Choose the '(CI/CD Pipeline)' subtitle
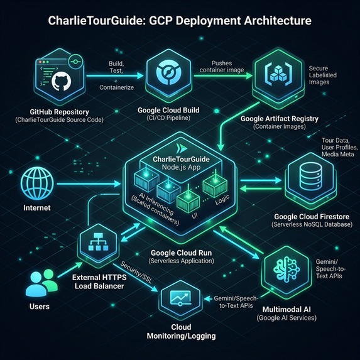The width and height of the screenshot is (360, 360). pyautogui.click(x=168, y=117)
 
